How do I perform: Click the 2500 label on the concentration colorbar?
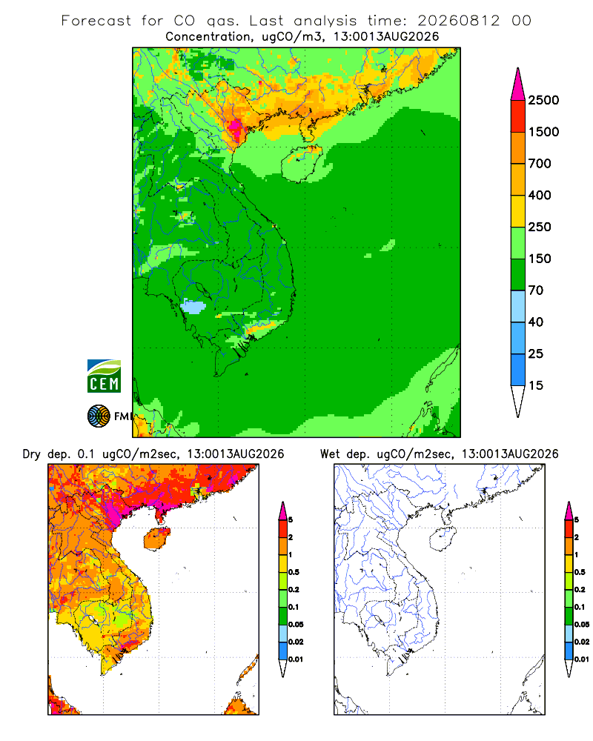pyautogui.click(x=543, y=100)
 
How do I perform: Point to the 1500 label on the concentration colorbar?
pyautogui.click(x=543, y=132)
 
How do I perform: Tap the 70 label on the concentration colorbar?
pyautogui.click(x=536, y=290)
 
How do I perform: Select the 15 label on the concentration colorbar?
pyautogui.click(x=536, y=385)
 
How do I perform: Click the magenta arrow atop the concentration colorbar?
pyautogui.click(x=518, y=85)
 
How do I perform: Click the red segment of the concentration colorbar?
pyautogui.click(x=518, y=116)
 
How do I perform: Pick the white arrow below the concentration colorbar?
pyautogui.click(x=518, y=401)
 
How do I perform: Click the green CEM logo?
pyautogui.click(x=104, y=376)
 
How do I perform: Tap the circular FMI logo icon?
pyautogui.click(x=99, y=416)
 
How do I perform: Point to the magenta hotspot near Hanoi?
pyautogui.click(x=236, y=127)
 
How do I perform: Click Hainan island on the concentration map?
pyautogui.click(x=302, y=164)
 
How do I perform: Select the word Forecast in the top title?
pyautogui.click(x=96, y=21)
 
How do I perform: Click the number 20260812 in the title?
pyautogui.click(x=458, y=21)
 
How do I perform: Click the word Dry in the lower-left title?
pyautogui.click(x=32, y=454)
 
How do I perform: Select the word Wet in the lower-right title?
pyautogui.click(x=330, y=454)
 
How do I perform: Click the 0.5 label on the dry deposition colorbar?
pyautogui.click(x=294, y=572)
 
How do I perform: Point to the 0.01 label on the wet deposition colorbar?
pyautogui.click(x=582, y=659)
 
